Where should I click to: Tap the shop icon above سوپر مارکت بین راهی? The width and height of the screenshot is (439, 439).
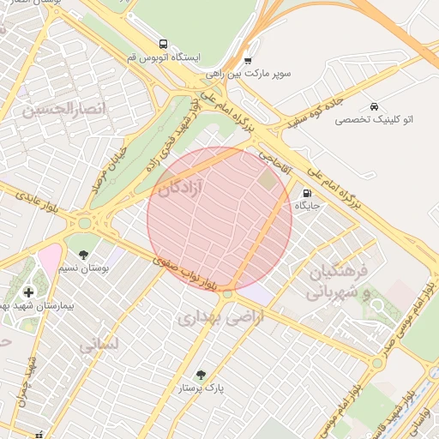pos(248,60)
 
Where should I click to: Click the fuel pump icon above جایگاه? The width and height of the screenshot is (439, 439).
pos(308,193)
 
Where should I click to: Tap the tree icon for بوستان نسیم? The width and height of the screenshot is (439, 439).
pos(83,255)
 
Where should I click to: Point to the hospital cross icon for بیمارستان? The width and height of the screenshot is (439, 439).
pos(28,292)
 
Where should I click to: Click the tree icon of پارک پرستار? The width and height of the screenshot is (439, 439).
pos(201,375)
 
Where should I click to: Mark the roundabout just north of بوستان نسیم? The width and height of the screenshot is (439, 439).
pos(84,224)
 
